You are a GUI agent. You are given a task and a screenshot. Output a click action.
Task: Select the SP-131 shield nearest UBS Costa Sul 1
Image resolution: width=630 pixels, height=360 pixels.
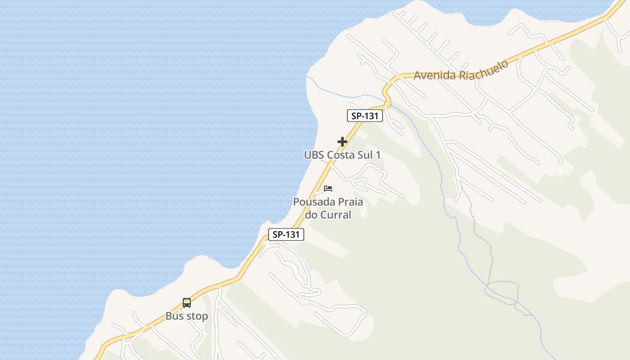(x=365, y=116)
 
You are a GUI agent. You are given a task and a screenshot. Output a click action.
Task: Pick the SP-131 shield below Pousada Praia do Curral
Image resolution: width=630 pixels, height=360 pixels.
(x=286, y=234)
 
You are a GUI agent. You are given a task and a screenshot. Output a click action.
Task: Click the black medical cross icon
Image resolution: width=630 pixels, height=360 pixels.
(x=342, y=142)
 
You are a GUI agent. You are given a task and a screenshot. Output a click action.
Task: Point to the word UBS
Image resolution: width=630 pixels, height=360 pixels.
(x=314, y=155)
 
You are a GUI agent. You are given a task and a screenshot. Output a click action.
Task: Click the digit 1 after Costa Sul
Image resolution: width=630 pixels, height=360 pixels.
(x=378, y=155)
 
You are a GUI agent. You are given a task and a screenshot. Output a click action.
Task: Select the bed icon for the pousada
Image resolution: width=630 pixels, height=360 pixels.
(x=328, y=188)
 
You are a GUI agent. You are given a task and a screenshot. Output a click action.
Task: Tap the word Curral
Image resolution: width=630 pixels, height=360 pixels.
(x=336, y=215)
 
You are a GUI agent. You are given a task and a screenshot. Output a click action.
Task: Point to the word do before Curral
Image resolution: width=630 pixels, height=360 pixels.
(x=311, y=215)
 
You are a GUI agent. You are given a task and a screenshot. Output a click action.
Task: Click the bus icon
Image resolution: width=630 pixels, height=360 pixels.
(x=187, y=303)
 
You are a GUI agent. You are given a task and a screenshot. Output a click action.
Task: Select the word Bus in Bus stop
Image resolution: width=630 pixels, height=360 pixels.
(x=174, y=316)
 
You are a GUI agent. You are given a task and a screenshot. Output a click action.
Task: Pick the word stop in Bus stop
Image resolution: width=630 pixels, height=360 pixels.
(x=197, y=316)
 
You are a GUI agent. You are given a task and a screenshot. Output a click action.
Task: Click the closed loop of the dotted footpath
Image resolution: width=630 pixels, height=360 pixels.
(x=501, y=292)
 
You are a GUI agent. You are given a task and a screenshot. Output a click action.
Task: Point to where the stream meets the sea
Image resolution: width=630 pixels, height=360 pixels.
(x=307, y=77)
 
